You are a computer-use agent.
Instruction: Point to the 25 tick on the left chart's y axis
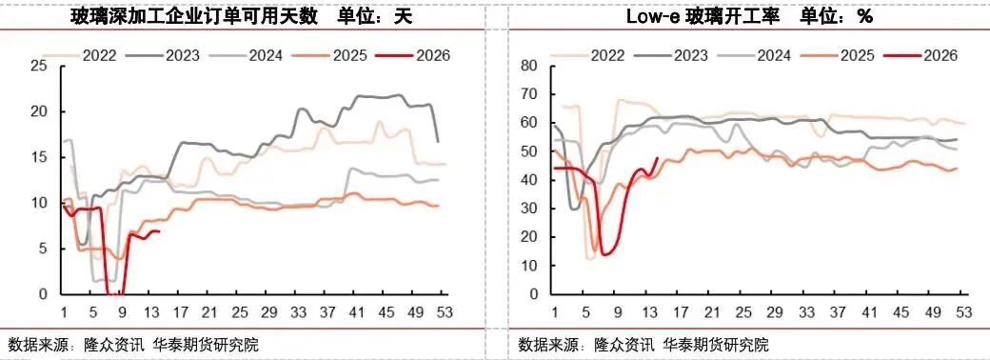39,66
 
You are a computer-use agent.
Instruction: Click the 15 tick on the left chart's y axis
39,157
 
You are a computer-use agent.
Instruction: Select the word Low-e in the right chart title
649,17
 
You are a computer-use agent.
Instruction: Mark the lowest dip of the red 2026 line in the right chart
604,254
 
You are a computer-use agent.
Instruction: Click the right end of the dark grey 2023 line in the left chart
438,142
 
